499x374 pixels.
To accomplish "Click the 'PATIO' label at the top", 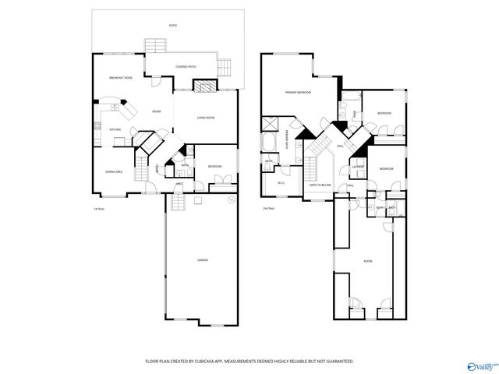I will pos(172,26).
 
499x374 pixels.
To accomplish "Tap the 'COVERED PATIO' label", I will pos(185,67).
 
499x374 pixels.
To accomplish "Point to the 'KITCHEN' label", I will pos(114,129).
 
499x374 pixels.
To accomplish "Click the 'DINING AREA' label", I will pos(113,172).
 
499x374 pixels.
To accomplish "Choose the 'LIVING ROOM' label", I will pos(205,118).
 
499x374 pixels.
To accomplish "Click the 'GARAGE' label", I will pos(202,259).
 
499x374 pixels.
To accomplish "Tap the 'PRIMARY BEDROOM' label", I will pos(298,93).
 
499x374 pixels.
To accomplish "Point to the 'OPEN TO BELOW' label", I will pos(320,185).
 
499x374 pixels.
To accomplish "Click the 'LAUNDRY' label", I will pos(359,166).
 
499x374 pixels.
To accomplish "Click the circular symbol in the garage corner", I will pos(231,199).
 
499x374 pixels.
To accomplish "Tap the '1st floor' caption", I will pos(98,209).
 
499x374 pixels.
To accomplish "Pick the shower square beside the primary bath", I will pos(272,123).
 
